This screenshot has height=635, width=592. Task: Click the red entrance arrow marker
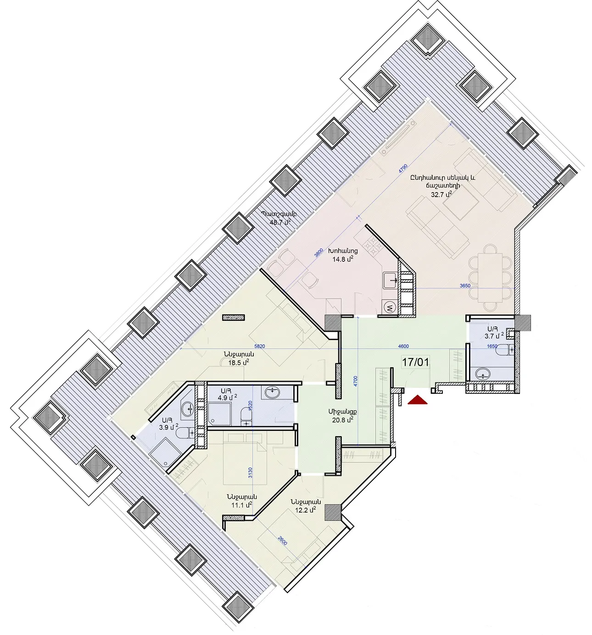[417, 400]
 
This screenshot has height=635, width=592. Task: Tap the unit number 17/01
[415, 362]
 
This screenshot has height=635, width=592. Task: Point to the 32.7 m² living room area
[441, 194]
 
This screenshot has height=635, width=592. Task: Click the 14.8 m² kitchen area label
[343, 259]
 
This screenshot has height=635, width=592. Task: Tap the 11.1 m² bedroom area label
[241, 505]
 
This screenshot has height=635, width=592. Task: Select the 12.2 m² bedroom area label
[306, 510]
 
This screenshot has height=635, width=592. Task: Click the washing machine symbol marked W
[390, 308]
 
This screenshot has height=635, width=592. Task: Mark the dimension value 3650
[465, 286]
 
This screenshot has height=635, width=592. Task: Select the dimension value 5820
[260, 346]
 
